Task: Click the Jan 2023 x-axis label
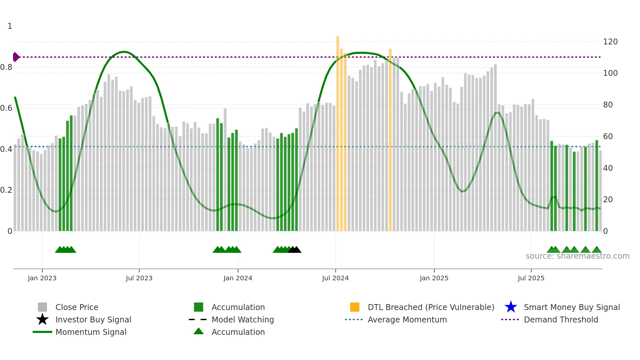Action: coord(42,278)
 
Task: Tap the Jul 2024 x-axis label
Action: coord(335,278)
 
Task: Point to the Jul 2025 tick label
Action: coord(531,278)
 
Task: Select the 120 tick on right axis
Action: coord(610,42)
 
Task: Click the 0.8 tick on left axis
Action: coord(6,67)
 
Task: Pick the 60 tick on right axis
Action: coord(608,137)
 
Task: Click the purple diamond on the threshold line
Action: coord(16,57)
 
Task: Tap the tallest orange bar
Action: coord(338,131)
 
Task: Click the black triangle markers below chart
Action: coord(295,250)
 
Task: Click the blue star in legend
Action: coord(511,307)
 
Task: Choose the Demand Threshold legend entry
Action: coord(561,319)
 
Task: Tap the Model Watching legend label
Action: coord(243,319)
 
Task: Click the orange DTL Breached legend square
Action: coord(355,307)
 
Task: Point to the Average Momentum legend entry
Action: coord(407,319)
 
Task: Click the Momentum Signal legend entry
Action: coord(91,332)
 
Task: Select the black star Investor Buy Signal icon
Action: coord(42,319)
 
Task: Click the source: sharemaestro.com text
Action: coord(577,256)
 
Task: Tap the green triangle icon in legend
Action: coord(199,331)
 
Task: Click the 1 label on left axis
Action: coord(10,26)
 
